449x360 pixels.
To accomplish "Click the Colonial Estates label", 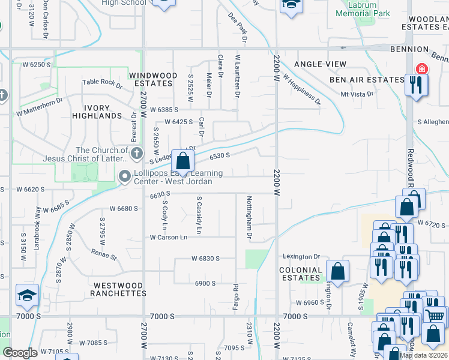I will [301, 274].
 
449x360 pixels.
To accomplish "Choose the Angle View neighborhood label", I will [320, 64].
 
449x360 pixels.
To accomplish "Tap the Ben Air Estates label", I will [366, 80].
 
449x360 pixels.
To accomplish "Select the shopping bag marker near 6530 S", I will [182, 162].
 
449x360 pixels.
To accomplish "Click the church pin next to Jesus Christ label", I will [136, 153].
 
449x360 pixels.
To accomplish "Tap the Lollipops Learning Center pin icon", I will [125, 176].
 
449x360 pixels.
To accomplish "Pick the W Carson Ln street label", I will [169, 237].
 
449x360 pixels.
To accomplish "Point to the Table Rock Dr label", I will [102, 84].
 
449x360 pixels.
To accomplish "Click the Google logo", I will [20, 353].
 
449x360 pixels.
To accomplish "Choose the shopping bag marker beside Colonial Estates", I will [338, 271].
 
